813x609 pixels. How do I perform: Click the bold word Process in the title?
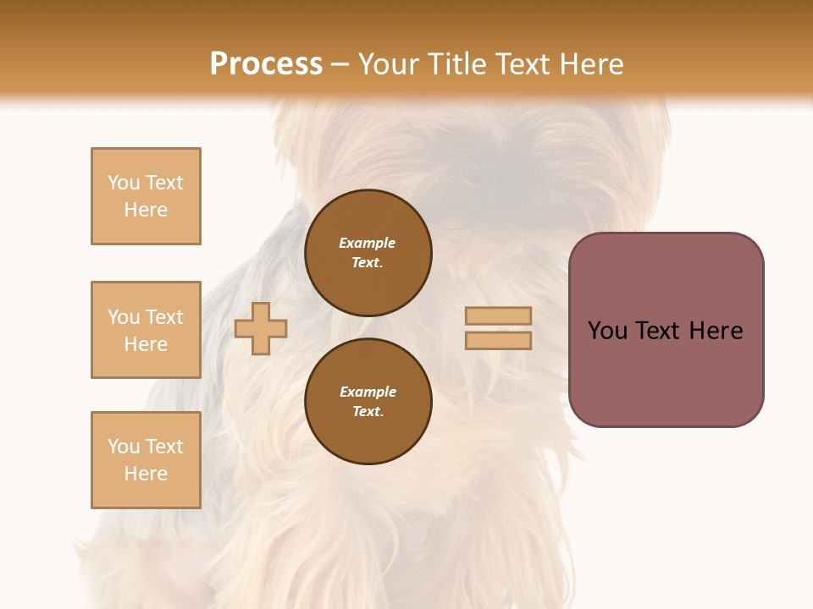pos(266,64)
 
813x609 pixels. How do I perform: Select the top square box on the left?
pos(146,196)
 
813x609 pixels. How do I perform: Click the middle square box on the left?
pos(146,330)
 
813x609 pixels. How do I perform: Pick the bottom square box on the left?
pos(146,460)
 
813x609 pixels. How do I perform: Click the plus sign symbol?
pos(261,328)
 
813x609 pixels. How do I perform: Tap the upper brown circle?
pos(368,252)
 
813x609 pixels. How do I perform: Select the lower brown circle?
pos(368,401)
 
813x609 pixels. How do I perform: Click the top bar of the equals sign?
pos(498,316)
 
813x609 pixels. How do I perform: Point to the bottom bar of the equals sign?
pos(498,341)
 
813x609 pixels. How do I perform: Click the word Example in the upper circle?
pos(368,243)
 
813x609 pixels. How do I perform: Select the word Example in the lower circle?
pos(368,392)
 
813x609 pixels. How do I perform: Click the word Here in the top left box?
pos(146,210)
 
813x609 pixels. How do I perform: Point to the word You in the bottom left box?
pos(124,447)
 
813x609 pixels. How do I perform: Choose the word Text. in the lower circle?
pos(368,411)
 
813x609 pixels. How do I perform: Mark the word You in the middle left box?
pos(124,317)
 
